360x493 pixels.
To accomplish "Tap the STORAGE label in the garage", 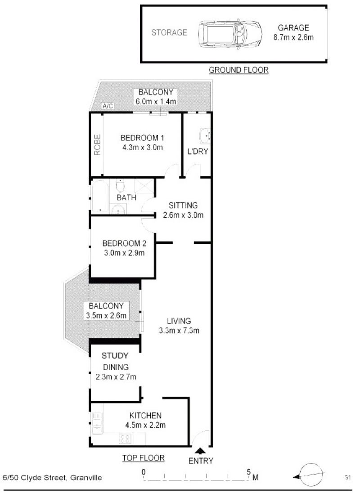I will tap(169, 32).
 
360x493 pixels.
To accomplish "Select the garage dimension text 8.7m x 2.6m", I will tap(293, 37).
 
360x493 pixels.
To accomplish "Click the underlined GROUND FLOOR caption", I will tap(238, 70).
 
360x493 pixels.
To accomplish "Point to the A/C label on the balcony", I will tap(108, 106).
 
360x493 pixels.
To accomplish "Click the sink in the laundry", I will tap(205, 134).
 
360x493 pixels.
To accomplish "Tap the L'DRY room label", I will tap(198, 151).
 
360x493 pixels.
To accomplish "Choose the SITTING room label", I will tap(183, 206).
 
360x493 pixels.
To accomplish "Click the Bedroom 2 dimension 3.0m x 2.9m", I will tap(124, 253).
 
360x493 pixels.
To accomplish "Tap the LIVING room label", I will tap(179, 321).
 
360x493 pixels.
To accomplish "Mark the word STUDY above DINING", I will tap(115, 356).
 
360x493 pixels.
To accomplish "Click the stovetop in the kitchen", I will tap(126, 437).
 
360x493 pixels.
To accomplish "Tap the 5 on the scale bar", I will tap(248, 472).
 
